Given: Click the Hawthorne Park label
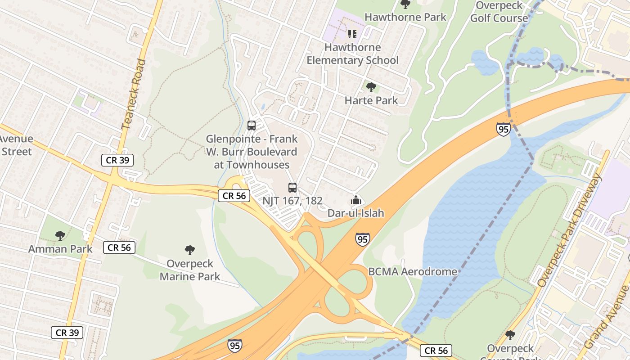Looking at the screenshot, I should (x=405, y=17).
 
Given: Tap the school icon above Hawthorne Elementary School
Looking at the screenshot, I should (x=352, y=34).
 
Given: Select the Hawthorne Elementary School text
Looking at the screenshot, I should (x=353, y=54).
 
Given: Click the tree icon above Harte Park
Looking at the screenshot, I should (x=371, y=87).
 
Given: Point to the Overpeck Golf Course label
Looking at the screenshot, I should (x=499, y=12).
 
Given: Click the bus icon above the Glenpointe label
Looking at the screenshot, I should (x=252, y=126).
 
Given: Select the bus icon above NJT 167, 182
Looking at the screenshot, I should (x=292, y=188).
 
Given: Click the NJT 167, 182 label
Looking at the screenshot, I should (x=292, y=201).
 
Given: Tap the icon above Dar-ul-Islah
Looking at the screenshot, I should (x=356, y=200).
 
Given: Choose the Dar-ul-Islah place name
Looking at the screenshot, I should (x=356, y=213).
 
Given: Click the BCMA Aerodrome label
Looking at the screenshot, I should (x=413, y=272).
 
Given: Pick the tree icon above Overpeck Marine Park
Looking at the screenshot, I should (x=190, y=250).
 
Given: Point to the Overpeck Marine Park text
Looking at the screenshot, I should (x=190, y=270).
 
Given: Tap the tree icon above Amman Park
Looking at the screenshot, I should (x=60, y=235).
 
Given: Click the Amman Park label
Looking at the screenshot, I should (x=60, y=249).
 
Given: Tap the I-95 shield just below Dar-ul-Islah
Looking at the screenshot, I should (x=362, y=239).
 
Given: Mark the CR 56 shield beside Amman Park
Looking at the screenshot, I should (x=119, y=247).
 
